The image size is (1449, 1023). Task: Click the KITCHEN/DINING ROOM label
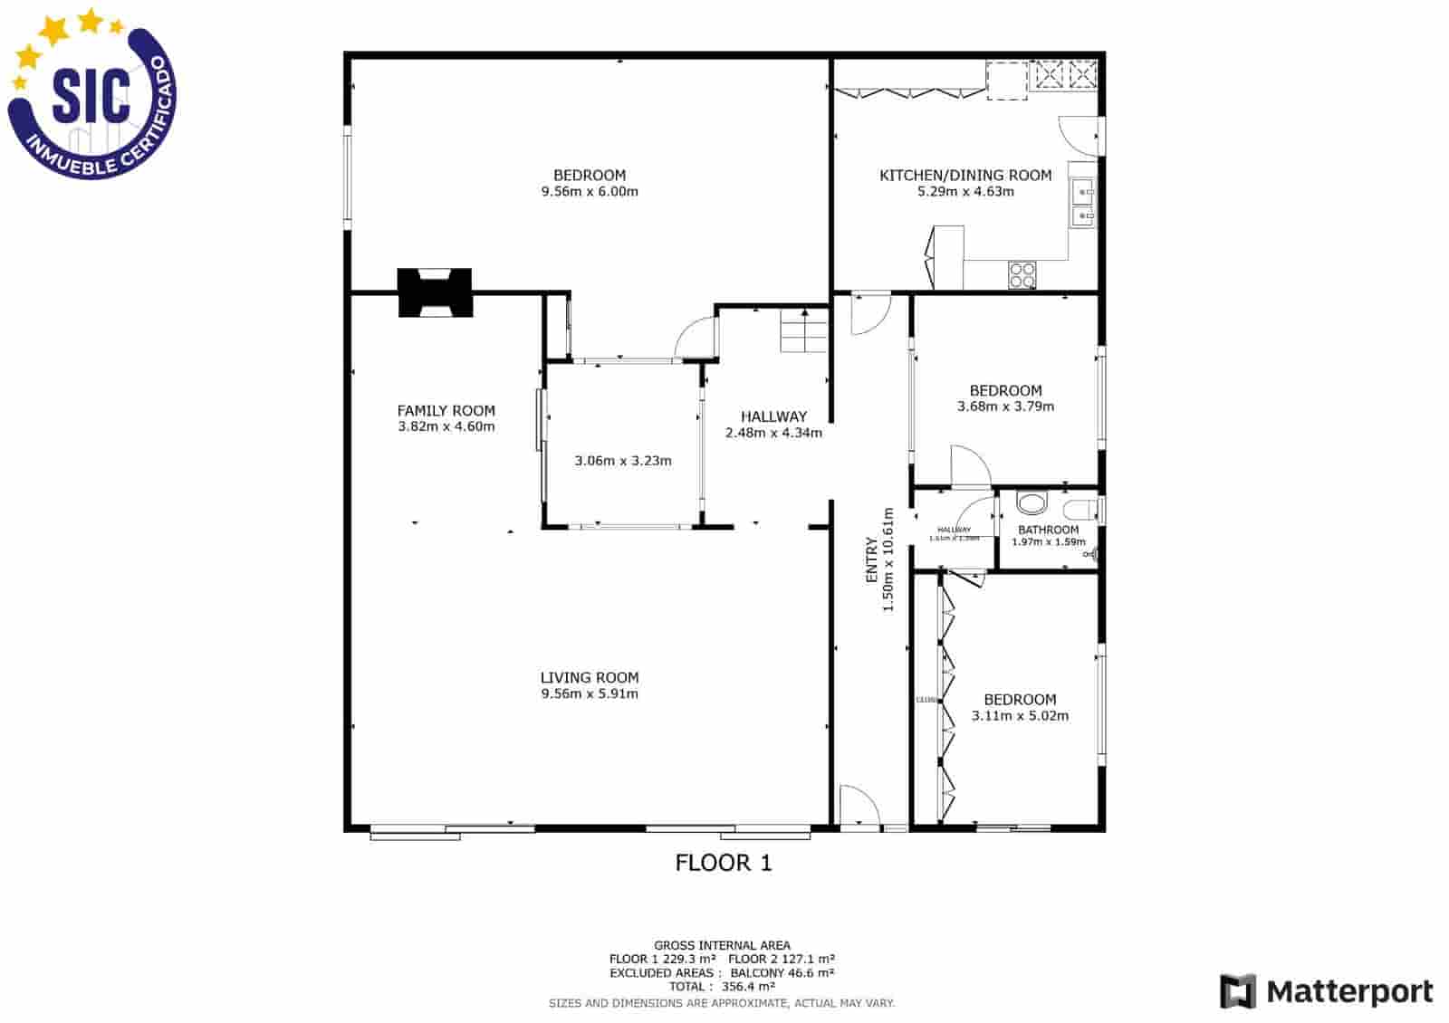[965, 176]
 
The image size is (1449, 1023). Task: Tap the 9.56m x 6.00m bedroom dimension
[590, 192]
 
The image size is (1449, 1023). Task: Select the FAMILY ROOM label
[446, 411]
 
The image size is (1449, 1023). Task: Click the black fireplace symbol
[436, 292]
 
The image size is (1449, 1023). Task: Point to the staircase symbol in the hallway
[804, 331]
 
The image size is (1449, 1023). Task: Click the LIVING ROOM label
[590, 678]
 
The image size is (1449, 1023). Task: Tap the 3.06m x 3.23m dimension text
[623, 461]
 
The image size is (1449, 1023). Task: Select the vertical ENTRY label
[871, 559]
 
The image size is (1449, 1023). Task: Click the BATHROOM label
[1048, 530]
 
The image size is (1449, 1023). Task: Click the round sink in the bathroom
[1030, 503]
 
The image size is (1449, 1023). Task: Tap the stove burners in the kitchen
[1022, 274]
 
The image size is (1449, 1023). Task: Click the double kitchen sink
[1082, 204]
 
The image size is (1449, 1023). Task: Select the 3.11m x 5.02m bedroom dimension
[1020, 716]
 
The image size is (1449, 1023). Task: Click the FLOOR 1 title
[724, 863]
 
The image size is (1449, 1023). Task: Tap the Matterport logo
[1326, 991]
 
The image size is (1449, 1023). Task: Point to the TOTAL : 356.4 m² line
[722, 987]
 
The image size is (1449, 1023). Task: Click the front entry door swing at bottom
[857, 806]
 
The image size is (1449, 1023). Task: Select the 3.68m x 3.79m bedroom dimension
[1005, 406]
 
